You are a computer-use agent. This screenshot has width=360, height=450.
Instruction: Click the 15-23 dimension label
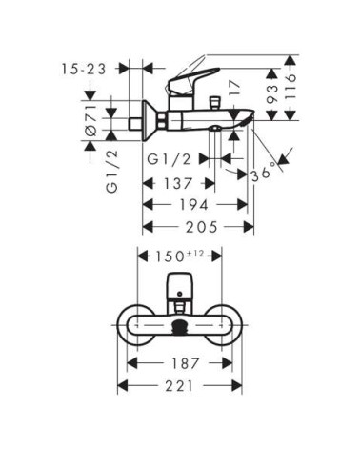[x=83, y=69]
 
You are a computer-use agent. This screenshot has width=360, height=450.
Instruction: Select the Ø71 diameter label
[x=91, y=120]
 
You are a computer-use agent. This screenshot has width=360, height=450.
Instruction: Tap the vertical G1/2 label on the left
[x=112, y=171]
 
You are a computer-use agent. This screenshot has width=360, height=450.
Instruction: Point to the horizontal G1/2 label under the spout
[x=169, y=159]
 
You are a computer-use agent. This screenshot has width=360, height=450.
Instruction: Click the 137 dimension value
[x=178, y=183]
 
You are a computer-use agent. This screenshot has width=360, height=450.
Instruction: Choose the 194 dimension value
[x=193, y=204]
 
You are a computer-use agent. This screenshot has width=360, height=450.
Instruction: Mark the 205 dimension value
[x=202, y=227]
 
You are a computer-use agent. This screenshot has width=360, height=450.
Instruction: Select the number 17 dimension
[x=234, y=89]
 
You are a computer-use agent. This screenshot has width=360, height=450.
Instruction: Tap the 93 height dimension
[x=271, y=93]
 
